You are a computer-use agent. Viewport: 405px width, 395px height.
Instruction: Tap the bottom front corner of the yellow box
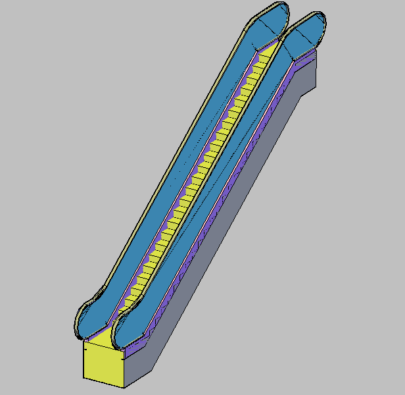pos(124,387)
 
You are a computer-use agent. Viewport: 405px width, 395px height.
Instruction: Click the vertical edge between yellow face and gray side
pos(124,369)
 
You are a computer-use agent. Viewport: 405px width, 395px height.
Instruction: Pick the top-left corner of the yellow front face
pos(84,342)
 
